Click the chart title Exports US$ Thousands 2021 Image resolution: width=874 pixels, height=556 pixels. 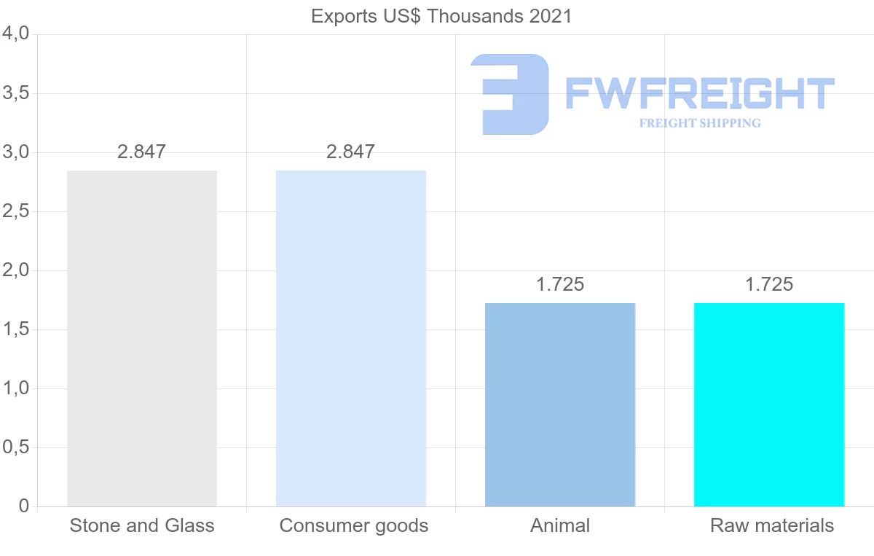441,16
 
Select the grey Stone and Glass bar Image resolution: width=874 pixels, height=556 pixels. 142,338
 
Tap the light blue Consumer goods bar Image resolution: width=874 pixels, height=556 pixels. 351,338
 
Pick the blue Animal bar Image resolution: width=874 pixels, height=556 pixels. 560,404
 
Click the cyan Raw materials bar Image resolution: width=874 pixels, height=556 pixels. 769,404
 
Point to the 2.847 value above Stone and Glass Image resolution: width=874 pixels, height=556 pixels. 142,152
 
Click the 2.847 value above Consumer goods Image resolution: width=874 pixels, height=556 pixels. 351,152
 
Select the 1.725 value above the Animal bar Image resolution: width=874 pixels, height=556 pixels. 560,285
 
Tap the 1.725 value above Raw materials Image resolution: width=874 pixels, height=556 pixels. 769,285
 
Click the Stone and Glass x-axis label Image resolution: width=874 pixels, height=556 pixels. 142,526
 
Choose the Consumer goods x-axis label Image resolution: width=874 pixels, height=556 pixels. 354,526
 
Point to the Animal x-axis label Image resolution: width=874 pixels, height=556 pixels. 560,526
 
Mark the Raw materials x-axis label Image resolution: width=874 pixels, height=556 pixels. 772,526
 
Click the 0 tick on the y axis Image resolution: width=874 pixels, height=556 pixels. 23,506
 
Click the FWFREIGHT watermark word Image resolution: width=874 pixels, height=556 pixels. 700,95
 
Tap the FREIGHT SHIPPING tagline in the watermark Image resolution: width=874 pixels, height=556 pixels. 700,123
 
